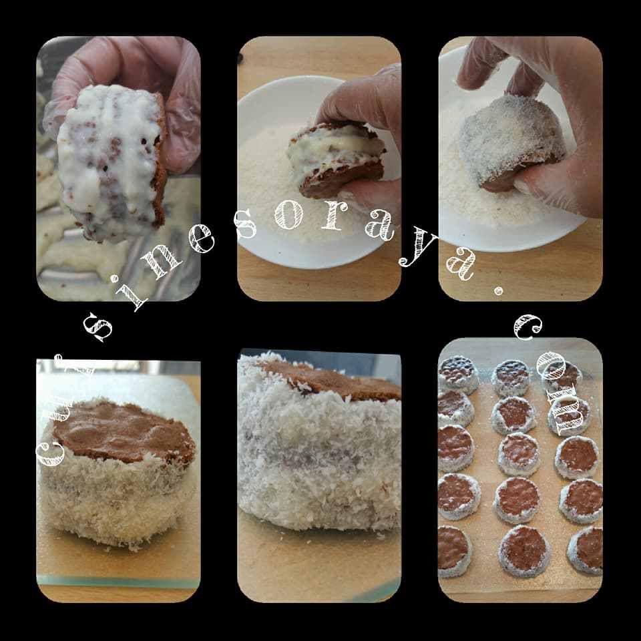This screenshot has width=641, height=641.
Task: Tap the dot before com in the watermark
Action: pyautogui.click(x=496, y=292)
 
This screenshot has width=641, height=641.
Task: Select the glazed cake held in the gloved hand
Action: pyautogui.click(x=110, y=164)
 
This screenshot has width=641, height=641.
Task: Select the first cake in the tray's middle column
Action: pyautogui.click(x=511, y=377)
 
